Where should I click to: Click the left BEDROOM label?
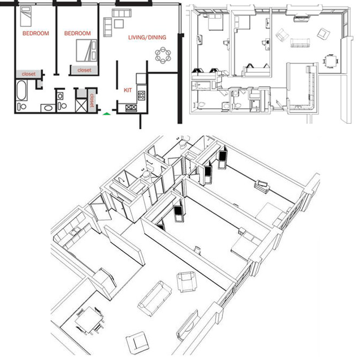[35, 33]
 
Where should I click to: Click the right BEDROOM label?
[77, 33]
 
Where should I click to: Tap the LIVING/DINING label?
[147, 38]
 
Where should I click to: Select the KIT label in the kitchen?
[128, 90]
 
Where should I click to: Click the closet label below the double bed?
[84, 70]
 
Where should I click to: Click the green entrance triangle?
[107, 114]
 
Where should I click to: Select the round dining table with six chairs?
[162, 54]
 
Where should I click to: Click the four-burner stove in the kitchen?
[142, 96]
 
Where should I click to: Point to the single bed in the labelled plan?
[25, 19]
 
